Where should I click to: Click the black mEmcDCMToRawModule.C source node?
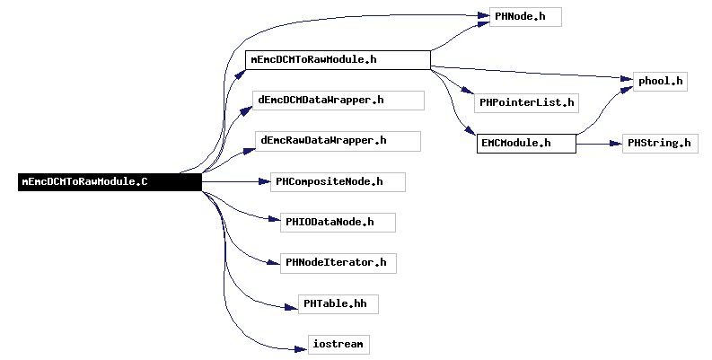tap(110, 182)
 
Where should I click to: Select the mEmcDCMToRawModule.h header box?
tap(338, 60)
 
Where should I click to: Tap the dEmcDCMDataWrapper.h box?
tap(338, 101)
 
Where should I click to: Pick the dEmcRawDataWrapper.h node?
tap(338, 141)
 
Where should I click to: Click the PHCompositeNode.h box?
tap(338, 182)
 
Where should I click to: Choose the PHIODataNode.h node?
tap(338, 223)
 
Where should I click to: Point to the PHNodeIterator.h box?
tap(338, 263)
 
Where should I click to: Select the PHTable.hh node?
tap(338, 303)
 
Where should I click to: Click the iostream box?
tap(338, 345)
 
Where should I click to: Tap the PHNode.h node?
tap(525, 17)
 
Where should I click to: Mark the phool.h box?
tap(660, 82)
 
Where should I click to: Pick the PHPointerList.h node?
tap(527, 103)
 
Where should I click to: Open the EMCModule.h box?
tap(526, 144)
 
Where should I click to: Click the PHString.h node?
tap(660, 144)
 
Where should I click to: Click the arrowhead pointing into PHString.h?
tap(616, 144)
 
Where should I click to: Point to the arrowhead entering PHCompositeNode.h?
tap(264, 181)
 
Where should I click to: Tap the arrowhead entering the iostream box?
tap(302, 349)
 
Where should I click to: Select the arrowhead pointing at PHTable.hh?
tap(292, 307)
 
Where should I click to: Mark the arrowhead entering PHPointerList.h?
tap(468, 90)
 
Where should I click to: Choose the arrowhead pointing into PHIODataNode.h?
tap(274, 219)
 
